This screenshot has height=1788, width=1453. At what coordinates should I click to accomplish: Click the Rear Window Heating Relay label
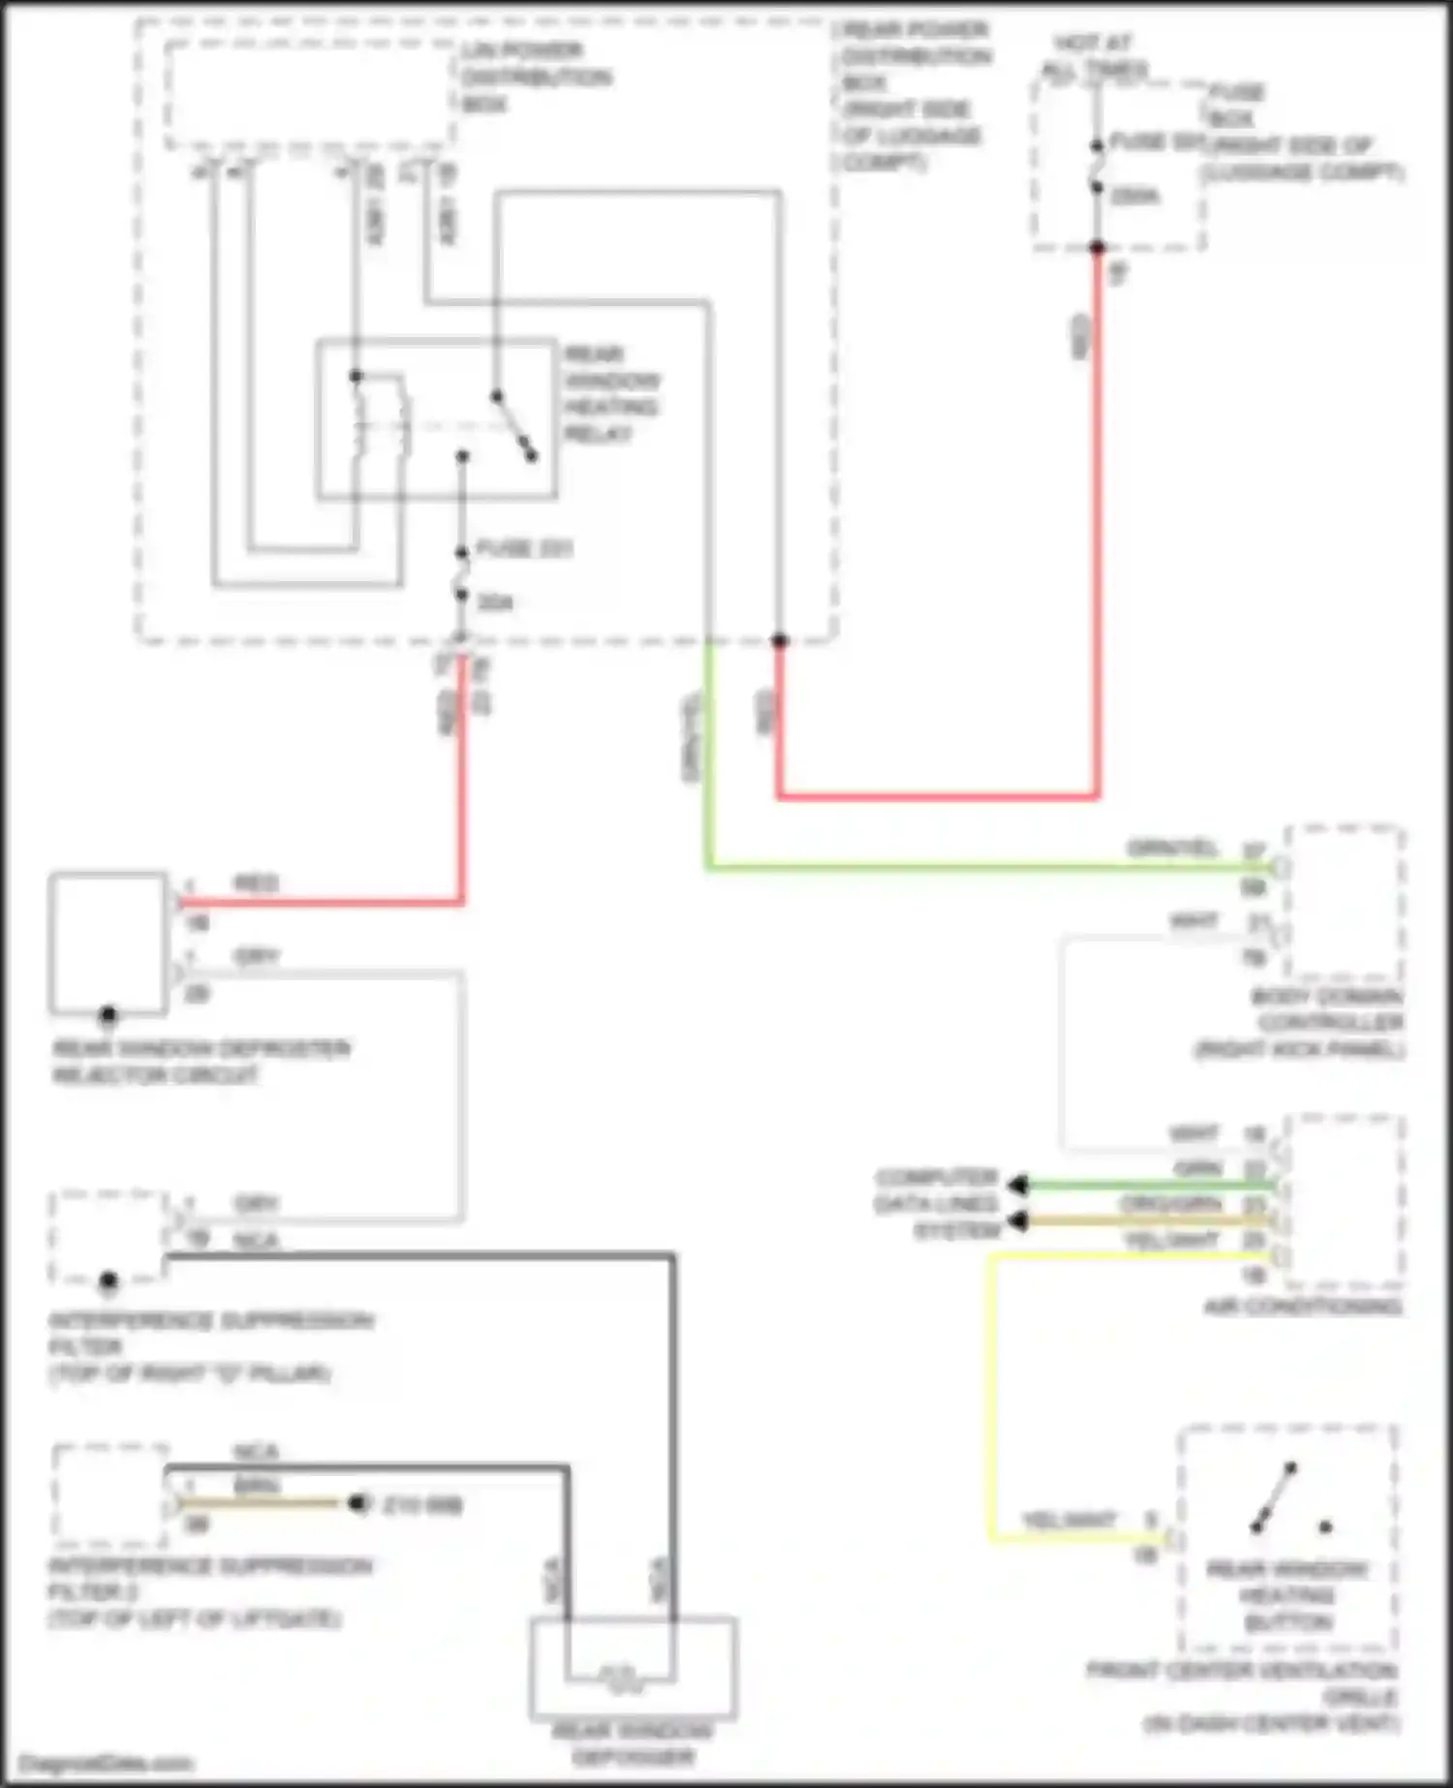611,393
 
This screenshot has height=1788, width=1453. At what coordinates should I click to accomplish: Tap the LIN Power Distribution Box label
535,77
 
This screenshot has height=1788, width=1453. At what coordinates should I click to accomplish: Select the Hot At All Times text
1095,56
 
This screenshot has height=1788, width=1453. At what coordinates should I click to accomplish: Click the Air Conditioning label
1302,1306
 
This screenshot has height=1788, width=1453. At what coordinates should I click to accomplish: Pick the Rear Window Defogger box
634,1666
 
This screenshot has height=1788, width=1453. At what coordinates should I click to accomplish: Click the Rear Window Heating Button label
1287,1594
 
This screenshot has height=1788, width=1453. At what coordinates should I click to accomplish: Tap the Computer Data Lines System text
937,1204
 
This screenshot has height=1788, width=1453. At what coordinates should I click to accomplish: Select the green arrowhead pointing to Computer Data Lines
1017,1185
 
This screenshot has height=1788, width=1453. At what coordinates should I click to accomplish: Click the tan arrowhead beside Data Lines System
1017,1221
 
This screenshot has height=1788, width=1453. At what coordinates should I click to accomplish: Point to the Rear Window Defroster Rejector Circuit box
108,941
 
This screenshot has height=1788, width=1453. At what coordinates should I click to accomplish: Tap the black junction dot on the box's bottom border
780,640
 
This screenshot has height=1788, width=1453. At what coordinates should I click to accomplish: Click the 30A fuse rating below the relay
494,602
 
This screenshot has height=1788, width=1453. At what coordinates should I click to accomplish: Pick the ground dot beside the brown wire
358,1503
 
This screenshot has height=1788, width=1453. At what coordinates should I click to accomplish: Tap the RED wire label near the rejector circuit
256,882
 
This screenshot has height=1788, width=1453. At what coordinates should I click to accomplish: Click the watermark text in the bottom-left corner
107,1763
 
